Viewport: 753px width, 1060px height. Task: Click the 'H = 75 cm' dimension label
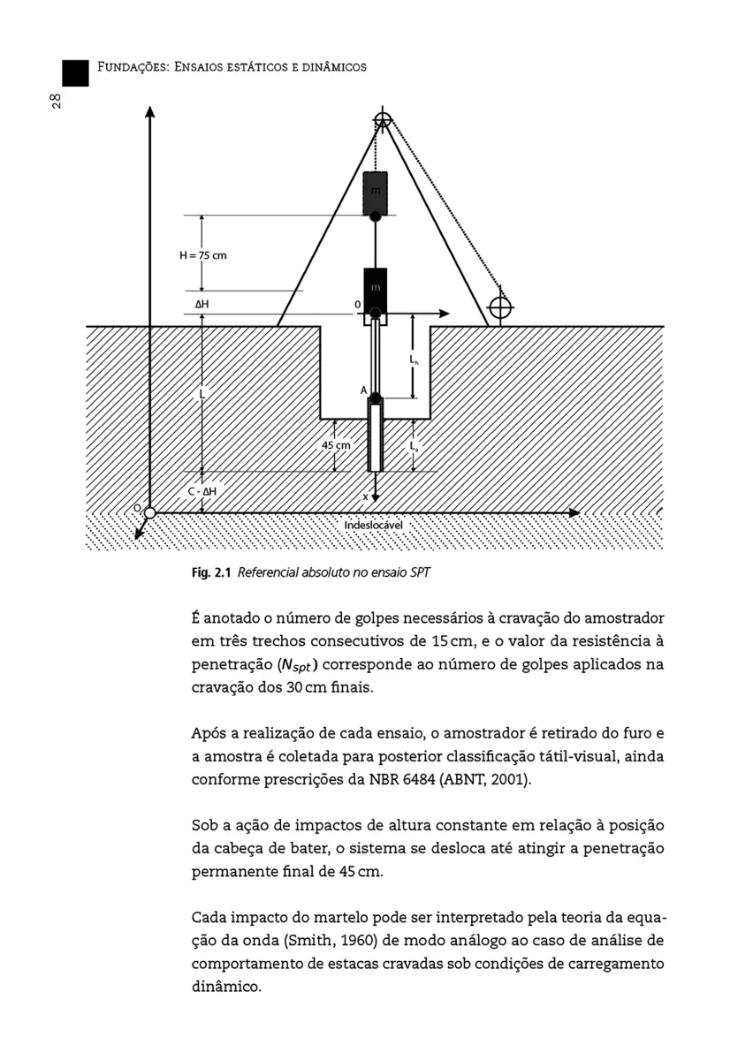(x=202, y=255)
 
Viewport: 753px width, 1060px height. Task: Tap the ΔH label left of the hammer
(x=202, y=303)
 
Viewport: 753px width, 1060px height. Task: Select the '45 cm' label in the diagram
(x=335, y=446)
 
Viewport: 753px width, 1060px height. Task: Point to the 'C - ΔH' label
(x=202, y=491)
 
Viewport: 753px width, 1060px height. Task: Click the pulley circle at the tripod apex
(x=382, y=120)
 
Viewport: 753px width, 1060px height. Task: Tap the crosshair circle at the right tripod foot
(x=500, y=307)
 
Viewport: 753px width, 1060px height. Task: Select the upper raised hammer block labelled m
(x=376, y=193)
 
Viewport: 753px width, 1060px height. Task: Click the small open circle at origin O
(x=150, y=513)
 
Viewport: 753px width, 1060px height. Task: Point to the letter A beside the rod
(x=363, y=390)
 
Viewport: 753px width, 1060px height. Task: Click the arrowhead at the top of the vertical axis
(x=150, y=112)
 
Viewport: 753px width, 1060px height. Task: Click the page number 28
(x=56, y=101)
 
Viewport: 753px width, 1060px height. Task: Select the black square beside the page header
(x=75, y=72)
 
